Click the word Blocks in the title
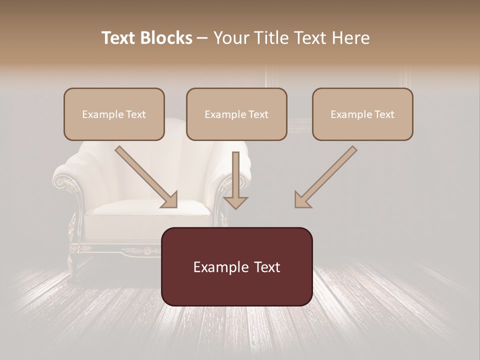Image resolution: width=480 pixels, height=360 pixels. pyautogui.click(x=167, y=38)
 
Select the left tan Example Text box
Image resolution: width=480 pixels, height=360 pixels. pyautogui.click(x=114, y=114)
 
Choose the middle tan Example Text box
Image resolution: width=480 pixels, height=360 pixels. pyautogui.click(x=236, y=114)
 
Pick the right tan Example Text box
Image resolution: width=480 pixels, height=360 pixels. pyautogui.click(x=362, y=114)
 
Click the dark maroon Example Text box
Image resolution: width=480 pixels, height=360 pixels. pyautogui.click(x=237, y=266)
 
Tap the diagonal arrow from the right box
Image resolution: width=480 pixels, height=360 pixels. pyautogui.click(x=327, y=175)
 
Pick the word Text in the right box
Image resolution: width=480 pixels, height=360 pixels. pyautogui.click(x=384, y=114)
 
